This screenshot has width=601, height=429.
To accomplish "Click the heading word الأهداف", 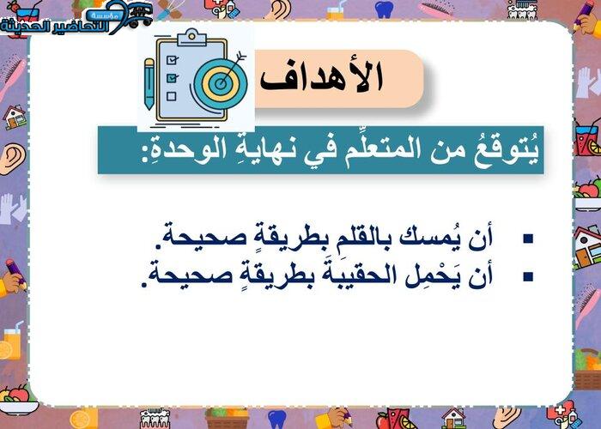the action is pyautogui.click(x=322, y=77).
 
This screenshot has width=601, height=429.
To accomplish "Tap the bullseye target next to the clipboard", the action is pyautogui.click(x=221, y=83).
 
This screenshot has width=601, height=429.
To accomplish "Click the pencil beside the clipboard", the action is pyautogui.click(x=149, y=84).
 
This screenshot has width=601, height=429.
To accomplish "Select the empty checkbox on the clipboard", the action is pyautogui.click(x=172, y=95).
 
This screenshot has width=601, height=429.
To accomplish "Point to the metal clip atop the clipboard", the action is pyautogui.click(x=191, y=37).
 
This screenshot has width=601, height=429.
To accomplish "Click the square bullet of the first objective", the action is pyautogui.click(x=528, y=239).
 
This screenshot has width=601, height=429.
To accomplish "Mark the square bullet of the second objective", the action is pyautogui.click(x=528, y=277).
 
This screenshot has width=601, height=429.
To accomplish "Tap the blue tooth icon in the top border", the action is pyautogui.click(x=384, y=9).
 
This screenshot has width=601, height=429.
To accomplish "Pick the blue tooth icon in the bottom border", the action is pyautogui.click(x=277, y=419).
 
